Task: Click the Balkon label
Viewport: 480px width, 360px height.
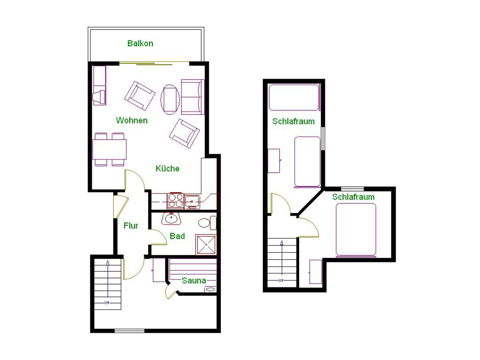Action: click(140, 43)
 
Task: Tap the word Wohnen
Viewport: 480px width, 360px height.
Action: click(132, 120)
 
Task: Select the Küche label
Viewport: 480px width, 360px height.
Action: click(167, 168)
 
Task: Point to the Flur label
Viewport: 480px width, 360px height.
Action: click(131, 226)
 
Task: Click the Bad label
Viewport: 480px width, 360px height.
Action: click(177, 236)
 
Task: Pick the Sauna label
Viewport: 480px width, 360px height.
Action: click(194, 280)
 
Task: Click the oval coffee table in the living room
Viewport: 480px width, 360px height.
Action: click(170, 99)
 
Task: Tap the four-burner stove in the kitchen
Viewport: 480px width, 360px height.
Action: click(175, 201)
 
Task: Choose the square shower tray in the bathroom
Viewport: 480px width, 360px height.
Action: click(206, 244)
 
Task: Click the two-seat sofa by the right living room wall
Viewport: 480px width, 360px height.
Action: click(192, 96)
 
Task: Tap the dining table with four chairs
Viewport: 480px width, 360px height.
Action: click(109, 149)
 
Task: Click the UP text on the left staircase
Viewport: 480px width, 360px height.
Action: click(107, 303)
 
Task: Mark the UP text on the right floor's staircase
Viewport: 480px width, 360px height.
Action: click(281, 280)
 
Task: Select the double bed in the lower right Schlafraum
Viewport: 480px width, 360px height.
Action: click(356, 230)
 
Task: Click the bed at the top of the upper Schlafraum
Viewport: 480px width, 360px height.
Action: click(294, 97)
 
